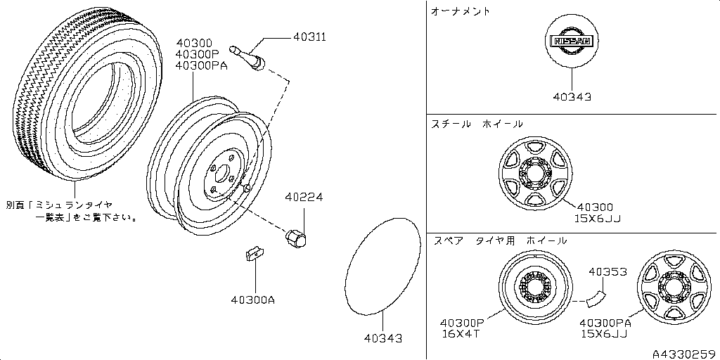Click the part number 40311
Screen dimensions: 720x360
pyautogui.click(x=309, y=37)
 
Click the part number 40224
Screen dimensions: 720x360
pyautogui.click(x=304, y=198)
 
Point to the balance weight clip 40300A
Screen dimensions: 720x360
pyautogui.click(x=254, y=253)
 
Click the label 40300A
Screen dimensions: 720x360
pyautogui.click(x=253, y=301)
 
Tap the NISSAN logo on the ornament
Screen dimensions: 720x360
pyautogui.click(x=572, y=41)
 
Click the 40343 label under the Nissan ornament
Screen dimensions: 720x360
pyautogui.click(x=572, y=97)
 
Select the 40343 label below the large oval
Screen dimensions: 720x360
pyautogui.click(x=383, y=338)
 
